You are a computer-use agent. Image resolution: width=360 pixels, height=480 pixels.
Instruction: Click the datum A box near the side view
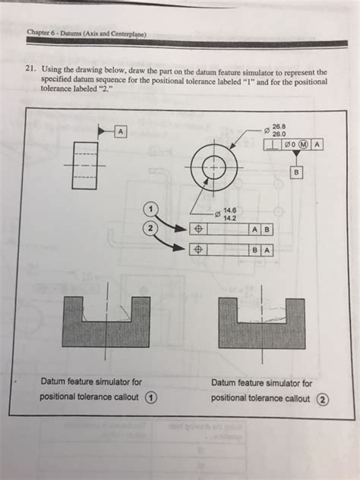tap(120, 131)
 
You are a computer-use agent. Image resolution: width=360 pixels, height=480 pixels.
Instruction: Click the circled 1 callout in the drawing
tap(153, 209)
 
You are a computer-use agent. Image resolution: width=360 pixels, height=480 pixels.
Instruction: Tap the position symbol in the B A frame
tap(197, 248)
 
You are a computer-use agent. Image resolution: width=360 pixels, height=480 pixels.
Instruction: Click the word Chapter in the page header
tap(40, 33)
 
